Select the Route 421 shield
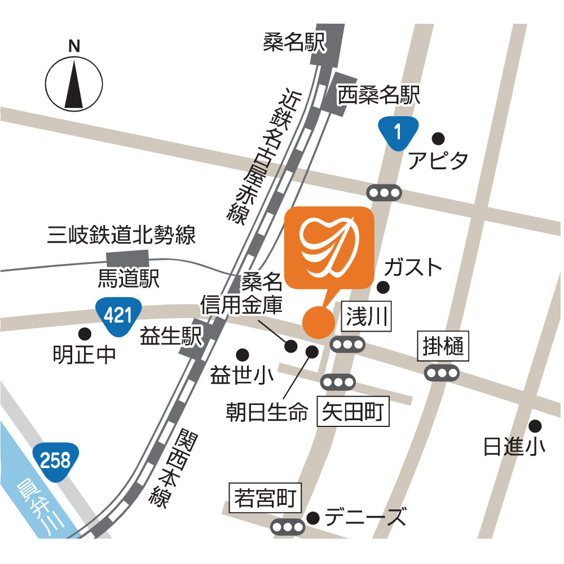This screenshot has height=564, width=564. (x=118, y=315)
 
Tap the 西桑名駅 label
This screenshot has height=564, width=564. (x=378, y=96)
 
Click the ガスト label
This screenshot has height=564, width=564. (x=413, y=268)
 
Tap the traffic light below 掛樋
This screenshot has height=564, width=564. (x=443, y=373)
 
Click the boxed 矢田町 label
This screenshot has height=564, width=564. (x=353, y=413)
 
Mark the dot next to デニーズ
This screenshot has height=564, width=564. (x=314, y=517)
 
